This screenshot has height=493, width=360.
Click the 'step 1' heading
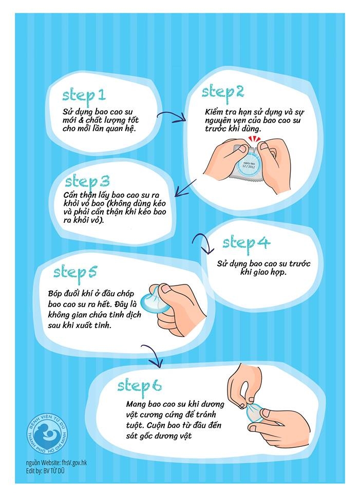pyautogui.click(x=84, y=96)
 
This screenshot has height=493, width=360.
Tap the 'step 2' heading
pyautogui.click(x=223, y=92)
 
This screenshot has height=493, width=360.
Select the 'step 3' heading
pyautogui.click(x=87, y=182)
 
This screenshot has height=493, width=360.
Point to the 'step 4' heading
pyautogui.click(x=247, y=243)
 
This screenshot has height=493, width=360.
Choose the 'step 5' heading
pyautogui.click(x=75, y=272)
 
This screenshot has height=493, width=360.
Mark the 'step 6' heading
pyautogui.click(x=140, y=386)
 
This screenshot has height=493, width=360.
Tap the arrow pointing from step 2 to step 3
pyautogui.click(x=185, y=188)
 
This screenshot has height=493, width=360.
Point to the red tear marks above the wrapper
pyautogui.click(x=253, y=139)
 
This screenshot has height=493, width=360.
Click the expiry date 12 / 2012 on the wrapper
pyautogui.click(x=248, y=166)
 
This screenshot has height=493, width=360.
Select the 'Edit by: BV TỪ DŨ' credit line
pyautogui.click(x=45, y=471)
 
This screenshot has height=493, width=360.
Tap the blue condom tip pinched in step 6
pyautogui.click(x=254, y=411)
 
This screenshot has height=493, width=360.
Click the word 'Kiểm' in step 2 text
pyautogui.click(x=214, y=112)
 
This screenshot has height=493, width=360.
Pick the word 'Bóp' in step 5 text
pyautogui.click(x=55, y=294)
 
